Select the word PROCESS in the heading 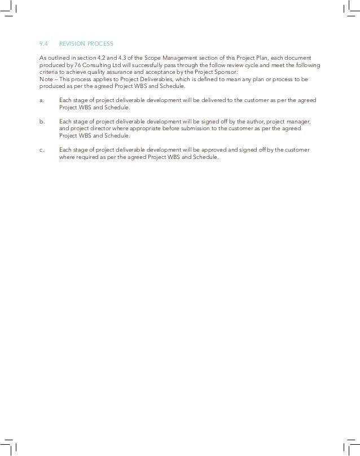point(101,43)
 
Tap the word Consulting point(97,65)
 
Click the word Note point(45,79)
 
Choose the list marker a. point(41,100)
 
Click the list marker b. point(41,121)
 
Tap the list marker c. point(41,149)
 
